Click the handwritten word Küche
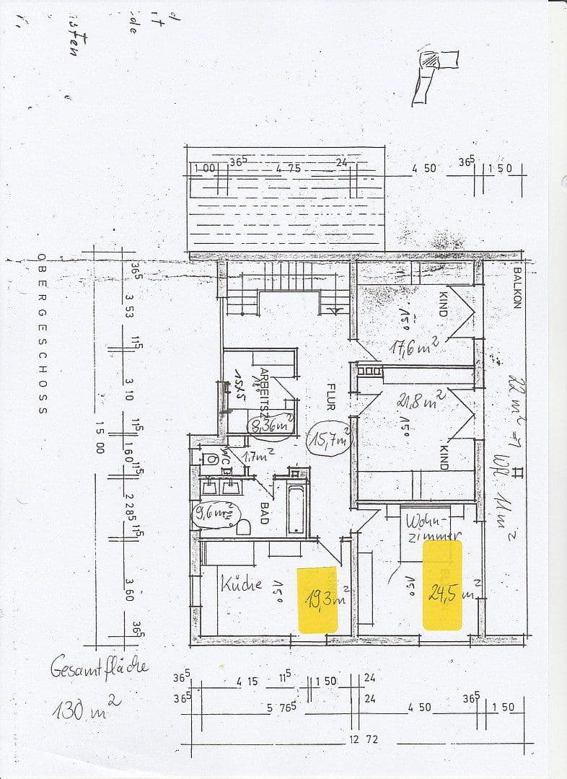[x=242, y=583]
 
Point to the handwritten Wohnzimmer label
[x=432, y=527]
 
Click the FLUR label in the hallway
[x=330, y=395]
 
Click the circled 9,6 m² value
[x=215, y=514]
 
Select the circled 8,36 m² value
[x=271, y=426]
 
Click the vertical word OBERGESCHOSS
[x=43, y=334]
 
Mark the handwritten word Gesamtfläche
[x=100, y=666]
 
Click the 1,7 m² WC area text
[x=256, y=457]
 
